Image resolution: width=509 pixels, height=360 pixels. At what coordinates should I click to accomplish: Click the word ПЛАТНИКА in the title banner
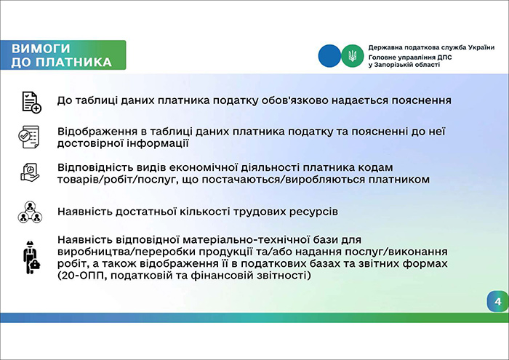click(76, 62)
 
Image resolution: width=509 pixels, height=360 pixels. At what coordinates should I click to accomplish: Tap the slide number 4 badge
click(497, 302)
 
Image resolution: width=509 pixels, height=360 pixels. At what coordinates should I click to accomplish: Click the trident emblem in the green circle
click(351, 55)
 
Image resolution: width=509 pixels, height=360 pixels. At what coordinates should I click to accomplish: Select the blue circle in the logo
click(329, 55)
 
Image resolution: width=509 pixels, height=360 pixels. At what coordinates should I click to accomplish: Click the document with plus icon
click(31, 102)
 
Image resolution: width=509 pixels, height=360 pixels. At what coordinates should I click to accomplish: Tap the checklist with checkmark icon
click(29, 136)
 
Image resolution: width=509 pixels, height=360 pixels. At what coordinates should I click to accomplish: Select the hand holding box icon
click(29, 172)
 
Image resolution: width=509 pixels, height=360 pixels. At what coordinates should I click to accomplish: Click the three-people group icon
click(29, 212)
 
